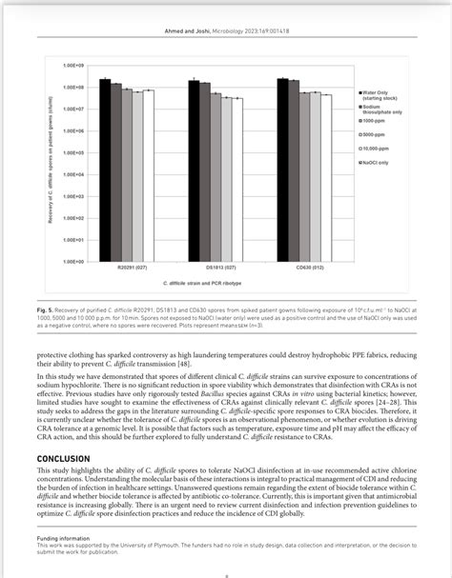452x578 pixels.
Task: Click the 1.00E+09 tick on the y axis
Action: tap(73, 65)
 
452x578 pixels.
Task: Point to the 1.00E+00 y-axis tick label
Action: tap(73, 261)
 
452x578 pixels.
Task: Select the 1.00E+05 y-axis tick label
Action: tap(73, 152)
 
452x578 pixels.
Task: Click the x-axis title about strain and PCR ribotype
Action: tap(203, 284)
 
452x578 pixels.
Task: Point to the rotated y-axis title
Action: tap(48, 162)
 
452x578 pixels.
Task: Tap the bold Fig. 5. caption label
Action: tap(49, 311)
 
